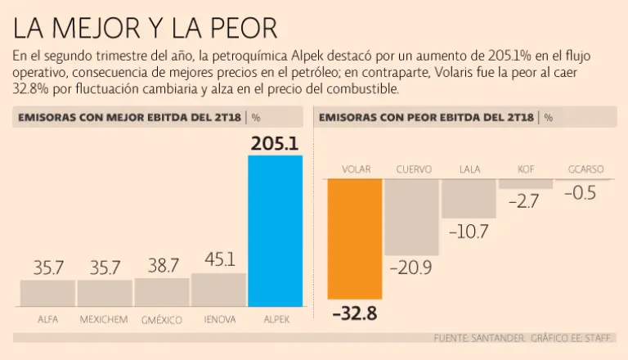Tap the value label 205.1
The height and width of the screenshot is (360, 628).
pos(275,144)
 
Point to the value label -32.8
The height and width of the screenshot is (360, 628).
pos(354,313)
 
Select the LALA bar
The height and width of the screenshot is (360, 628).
pos(469,199)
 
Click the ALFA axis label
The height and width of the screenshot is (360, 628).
pos(47,319)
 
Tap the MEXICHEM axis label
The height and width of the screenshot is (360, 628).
pos(104,319)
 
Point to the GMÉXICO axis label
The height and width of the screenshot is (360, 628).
pos(161,319)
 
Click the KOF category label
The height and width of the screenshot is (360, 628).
pos(527,170)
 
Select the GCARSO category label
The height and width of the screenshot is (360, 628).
pos(585,170)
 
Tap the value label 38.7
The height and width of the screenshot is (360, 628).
pos(162,266)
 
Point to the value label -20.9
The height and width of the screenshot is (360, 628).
pos(411,268)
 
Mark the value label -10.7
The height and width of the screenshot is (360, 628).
pos(469,232)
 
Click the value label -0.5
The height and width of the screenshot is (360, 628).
pos(583,194)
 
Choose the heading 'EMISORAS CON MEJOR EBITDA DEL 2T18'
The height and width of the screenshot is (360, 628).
pos(130,117)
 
